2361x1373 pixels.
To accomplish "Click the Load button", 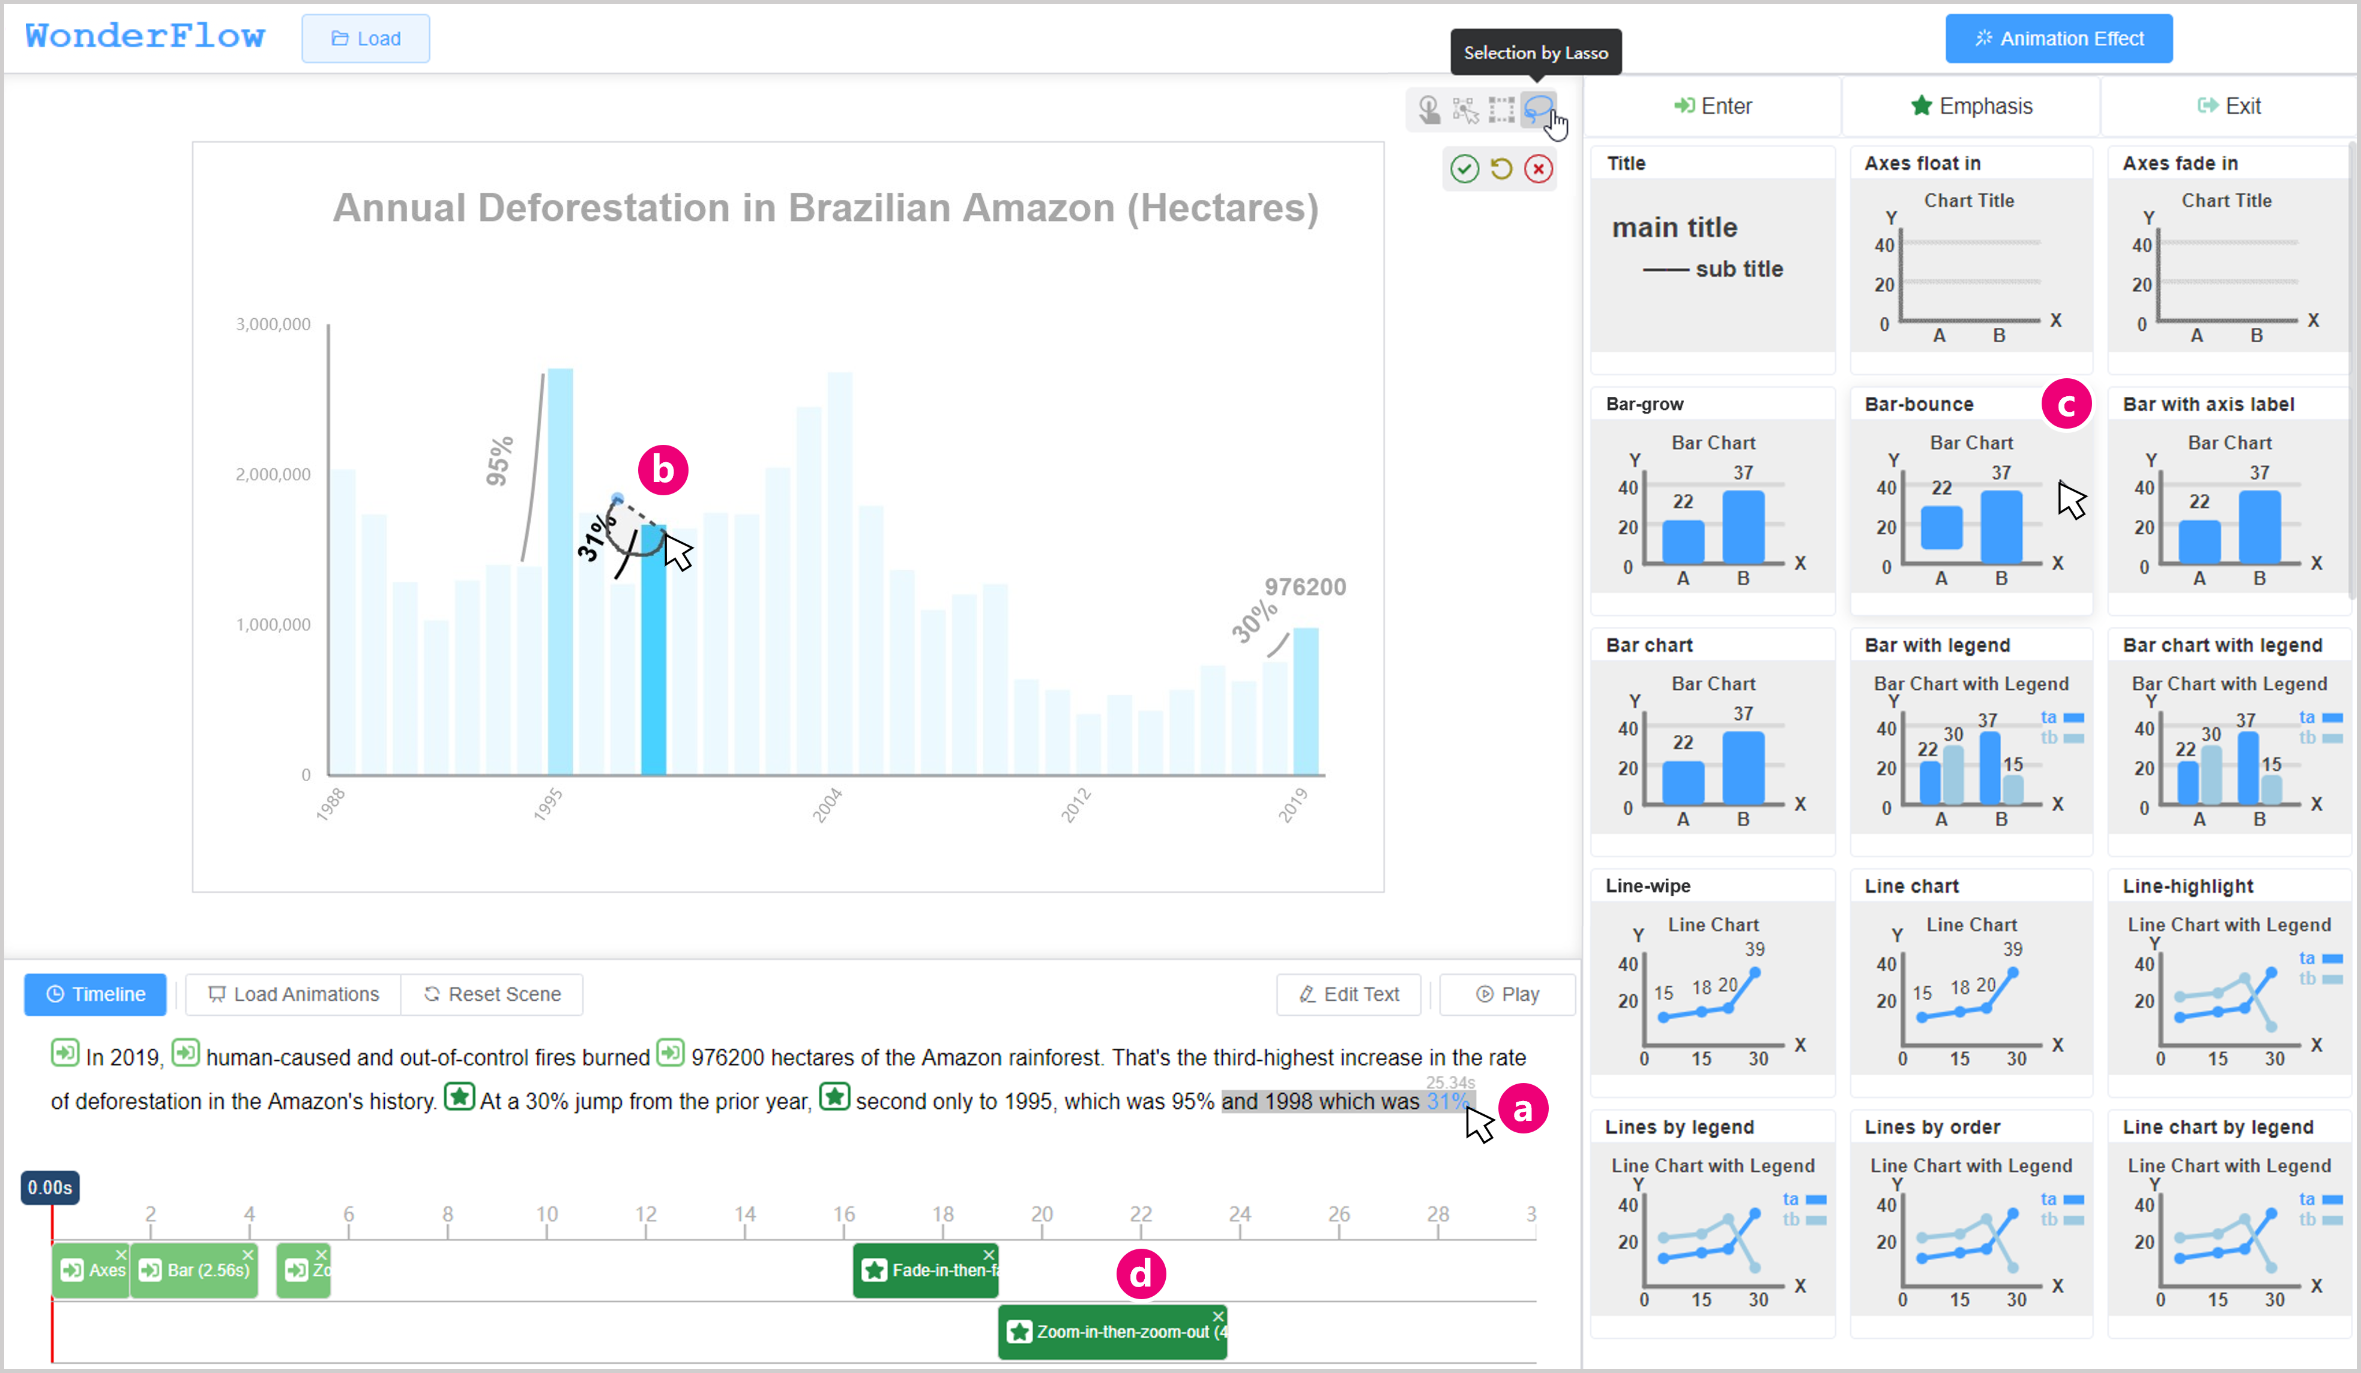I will click(366, 38).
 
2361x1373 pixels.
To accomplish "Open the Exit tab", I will click(2229, 106).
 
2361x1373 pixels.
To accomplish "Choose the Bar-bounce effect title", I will click(1918, 404).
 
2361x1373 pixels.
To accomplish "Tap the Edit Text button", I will click(1348, 994).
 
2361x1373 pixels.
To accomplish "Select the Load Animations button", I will click(294, 994).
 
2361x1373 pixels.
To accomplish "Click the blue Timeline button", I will click(95, 994).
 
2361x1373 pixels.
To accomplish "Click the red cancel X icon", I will click(1539, 169).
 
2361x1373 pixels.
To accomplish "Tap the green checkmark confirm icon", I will click(1464, 169).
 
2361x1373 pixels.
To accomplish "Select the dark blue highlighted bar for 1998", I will click(653, 656).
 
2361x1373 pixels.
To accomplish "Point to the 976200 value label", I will click(1304, 587).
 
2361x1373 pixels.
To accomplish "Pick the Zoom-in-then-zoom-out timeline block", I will click(1112, 1332).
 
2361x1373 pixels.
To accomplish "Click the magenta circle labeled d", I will click(1140, 1275).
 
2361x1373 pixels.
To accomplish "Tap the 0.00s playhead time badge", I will click(50, 1187).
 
